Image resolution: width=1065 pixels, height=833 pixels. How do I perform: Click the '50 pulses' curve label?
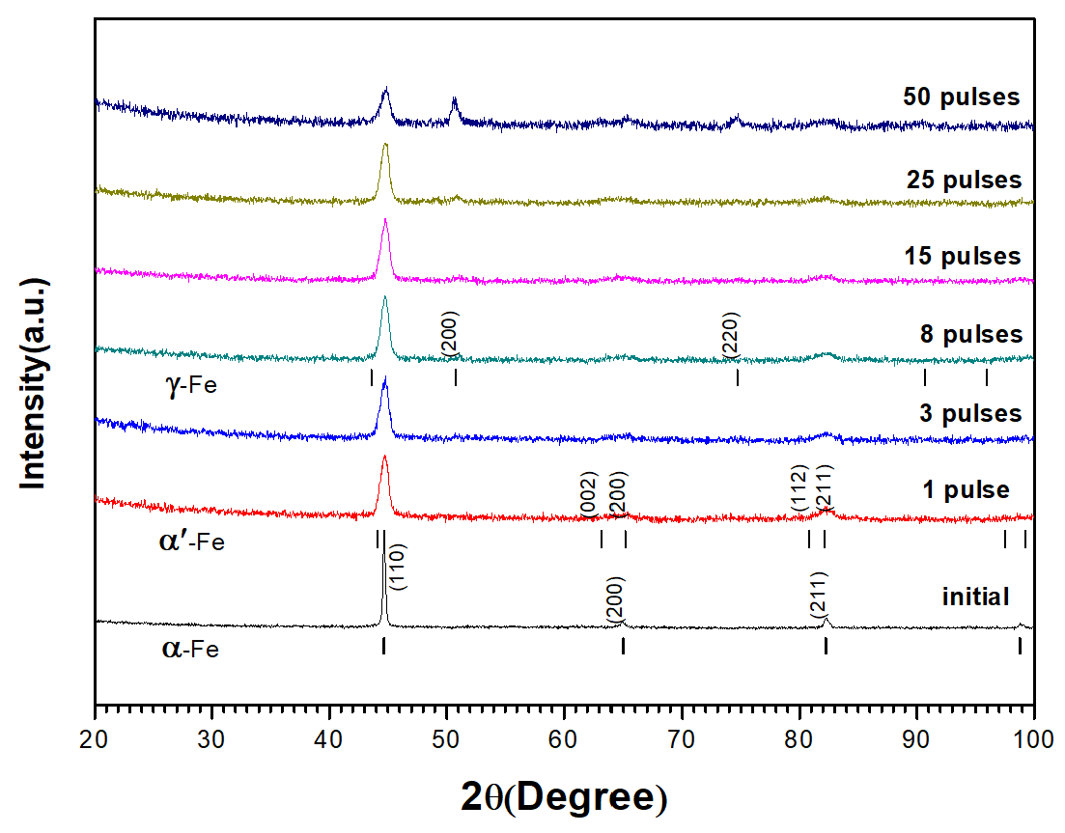pyautogui.click(x=961, y=97)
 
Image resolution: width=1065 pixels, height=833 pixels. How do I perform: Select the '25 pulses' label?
pyautogui.click(x=963, y=180)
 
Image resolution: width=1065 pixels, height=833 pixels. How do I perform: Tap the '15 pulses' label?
pyautogui.click(x=962, y=257)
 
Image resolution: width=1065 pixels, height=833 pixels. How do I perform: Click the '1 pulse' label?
pyautogui.click(x=966, y=490)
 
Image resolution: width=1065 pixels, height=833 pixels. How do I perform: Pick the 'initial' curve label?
pyautogui.click(x=975, y=597)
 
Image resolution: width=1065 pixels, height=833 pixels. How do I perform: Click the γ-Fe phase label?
pyautogui.click(x=191, y=387)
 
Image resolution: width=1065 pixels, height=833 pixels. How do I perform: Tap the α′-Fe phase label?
pyautogui.click(x=190, y=541)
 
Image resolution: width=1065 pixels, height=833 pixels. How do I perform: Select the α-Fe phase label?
pyautogui.click(x=189, y=649)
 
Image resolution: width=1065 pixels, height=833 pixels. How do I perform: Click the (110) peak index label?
pyautogui.click(x=398, y=567)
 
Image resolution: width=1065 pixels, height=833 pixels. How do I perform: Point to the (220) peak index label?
pyautogui.click(x=730, y=335)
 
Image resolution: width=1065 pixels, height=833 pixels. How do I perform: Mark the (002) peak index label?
pyautogui.click(x=589, y=494)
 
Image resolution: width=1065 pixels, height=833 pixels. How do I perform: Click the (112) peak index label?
pyautogui.click(x=799, y=488)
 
